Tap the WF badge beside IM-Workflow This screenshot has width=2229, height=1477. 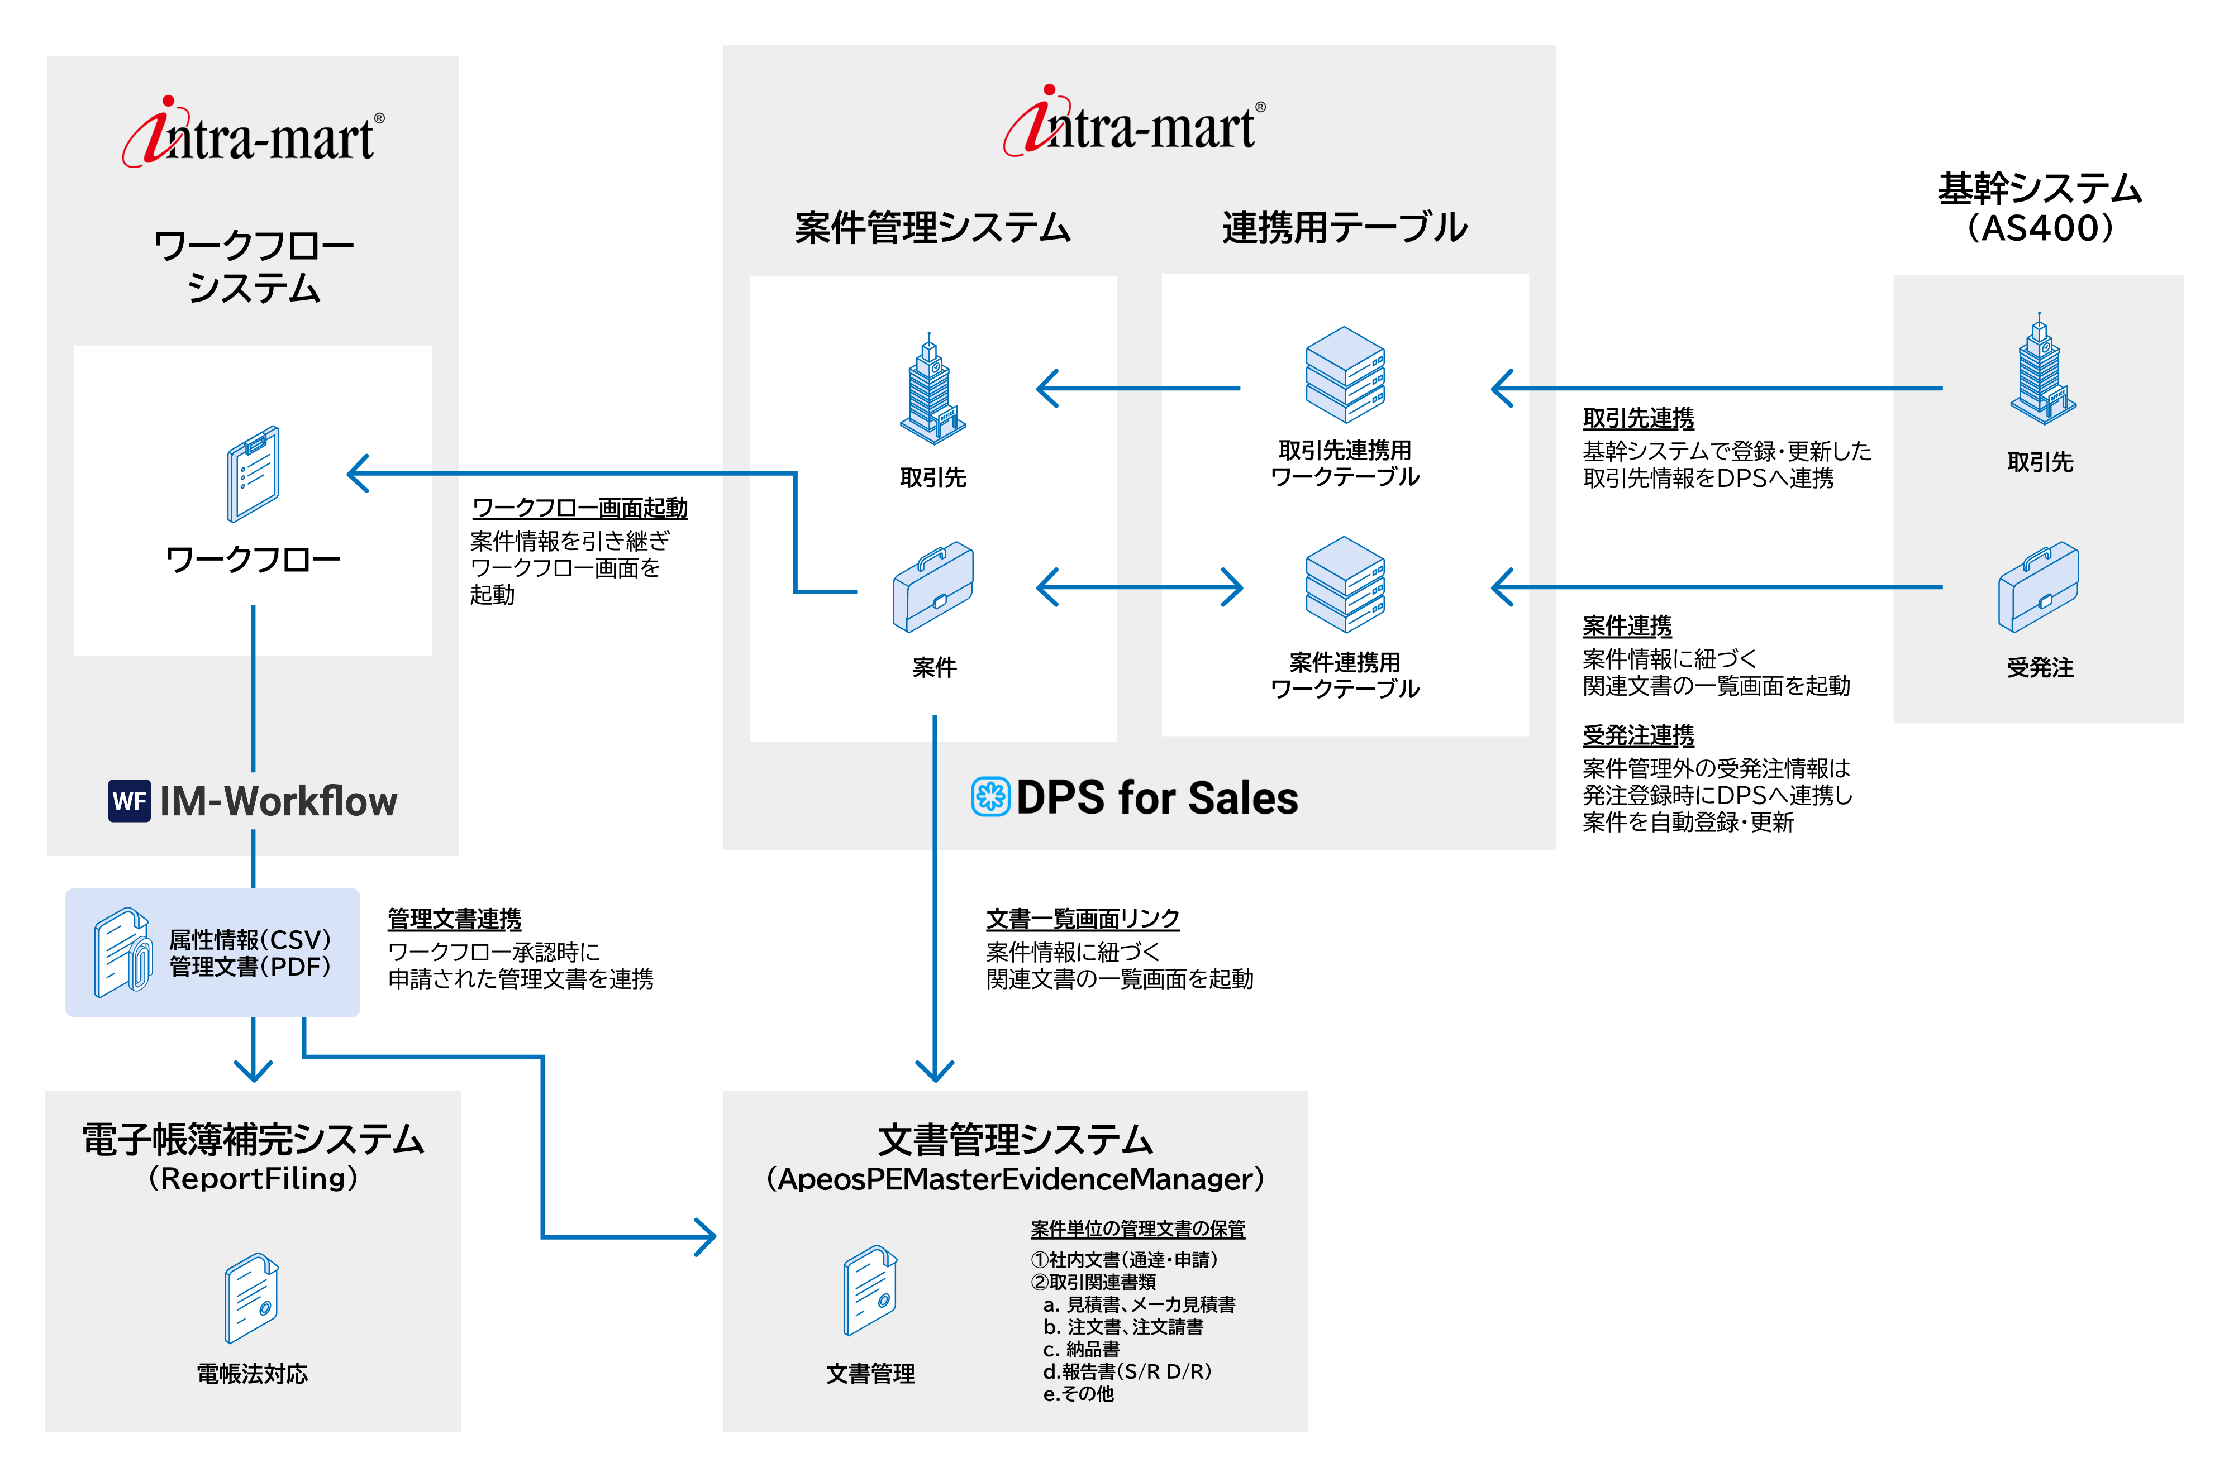coord(129,801)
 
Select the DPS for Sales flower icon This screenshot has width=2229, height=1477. coord(990,797)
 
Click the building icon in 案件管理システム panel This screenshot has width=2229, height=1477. coord(932,390)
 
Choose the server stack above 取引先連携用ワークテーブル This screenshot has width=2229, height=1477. coord(1344,375)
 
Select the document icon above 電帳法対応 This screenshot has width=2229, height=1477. coord(251,1297)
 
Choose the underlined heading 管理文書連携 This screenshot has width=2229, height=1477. coord(454,919)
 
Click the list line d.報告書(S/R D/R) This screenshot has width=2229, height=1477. coord(1127,1371)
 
